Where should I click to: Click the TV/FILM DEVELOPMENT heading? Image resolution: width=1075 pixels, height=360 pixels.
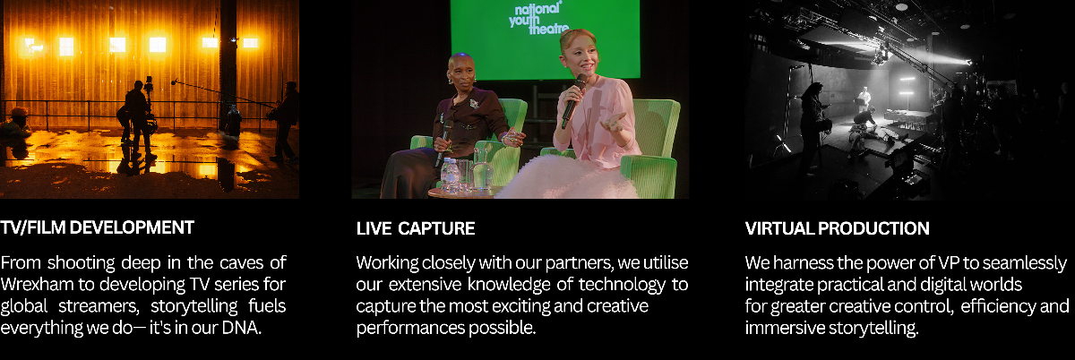click(97, 227)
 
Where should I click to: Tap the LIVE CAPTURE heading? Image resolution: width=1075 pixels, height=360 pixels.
click(416, 228)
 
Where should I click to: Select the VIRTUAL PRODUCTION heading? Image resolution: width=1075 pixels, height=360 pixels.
click(837, 228)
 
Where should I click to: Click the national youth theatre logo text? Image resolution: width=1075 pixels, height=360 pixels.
click(539, 19)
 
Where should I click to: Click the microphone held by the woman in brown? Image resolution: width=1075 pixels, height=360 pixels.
click(443, 142)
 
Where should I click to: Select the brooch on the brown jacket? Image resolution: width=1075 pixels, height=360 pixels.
click(474, 104)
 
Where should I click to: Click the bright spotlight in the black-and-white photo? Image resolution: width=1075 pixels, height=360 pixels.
click(967, 63)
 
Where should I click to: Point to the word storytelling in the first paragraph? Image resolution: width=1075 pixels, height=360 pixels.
click(193, 307)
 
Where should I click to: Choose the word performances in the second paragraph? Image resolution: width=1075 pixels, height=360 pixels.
click(410, 329)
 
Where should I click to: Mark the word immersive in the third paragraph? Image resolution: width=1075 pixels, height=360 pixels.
click(784, 329)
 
